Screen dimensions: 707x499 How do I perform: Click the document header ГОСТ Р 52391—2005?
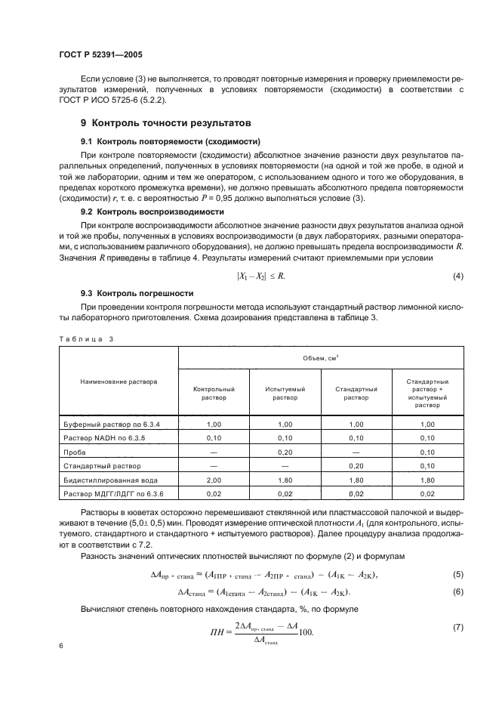point(100,55)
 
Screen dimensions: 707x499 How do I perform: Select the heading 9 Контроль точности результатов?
point(166,122)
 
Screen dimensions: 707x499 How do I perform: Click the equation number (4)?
point(457,276)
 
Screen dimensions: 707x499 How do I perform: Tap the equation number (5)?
point(457,576)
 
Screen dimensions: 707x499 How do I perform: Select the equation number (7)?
point(457,628)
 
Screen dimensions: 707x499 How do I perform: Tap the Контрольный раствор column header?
point(214,393)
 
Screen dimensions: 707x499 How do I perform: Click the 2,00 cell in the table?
point(214,480)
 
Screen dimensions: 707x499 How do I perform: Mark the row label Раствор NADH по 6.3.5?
point(99,438)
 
